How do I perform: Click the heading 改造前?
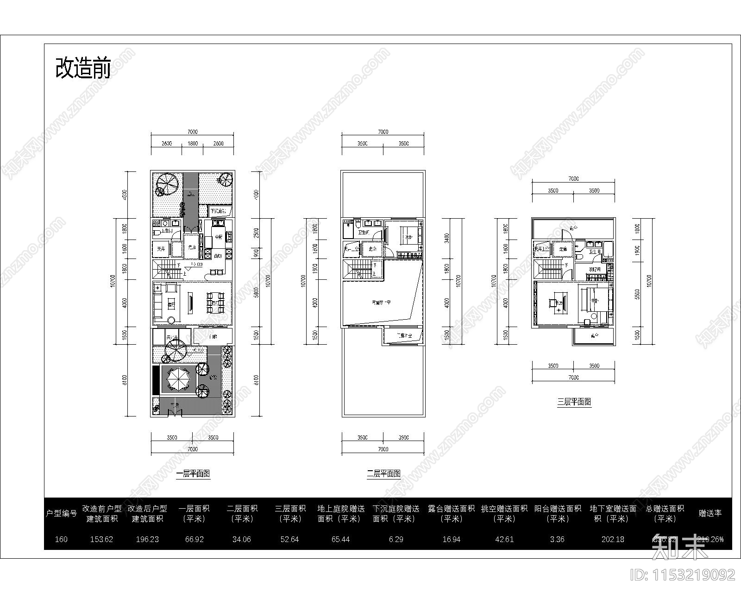[83, 69]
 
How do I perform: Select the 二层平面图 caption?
[383, 473]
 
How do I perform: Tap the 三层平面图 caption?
[574, 402]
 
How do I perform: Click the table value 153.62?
[100, 539]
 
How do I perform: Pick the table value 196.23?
[148, 539]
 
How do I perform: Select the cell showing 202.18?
[613, 539]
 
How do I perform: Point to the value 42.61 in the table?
[504, 539]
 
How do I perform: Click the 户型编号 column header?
[61, 513]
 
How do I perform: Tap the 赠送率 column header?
[710, 513]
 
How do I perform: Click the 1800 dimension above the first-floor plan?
[192, 144]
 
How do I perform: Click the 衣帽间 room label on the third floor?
[594, 269]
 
